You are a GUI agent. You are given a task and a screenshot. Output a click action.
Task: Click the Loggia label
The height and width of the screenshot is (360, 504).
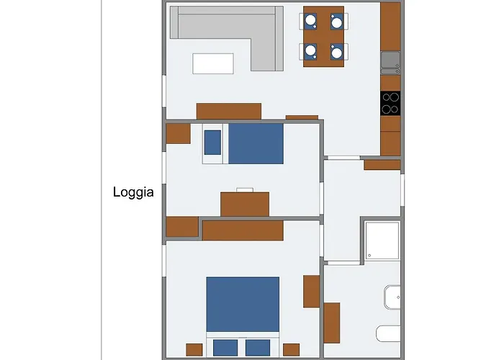point(133,192)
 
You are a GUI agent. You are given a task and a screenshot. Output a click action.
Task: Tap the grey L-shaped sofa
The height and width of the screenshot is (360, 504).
point(216,25)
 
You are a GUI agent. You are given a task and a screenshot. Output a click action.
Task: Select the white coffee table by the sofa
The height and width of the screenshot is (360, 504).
point(213,63)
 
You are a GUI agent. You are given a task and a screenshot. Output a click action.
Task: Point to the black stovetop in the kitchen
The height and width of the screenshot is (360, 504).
point(390,104)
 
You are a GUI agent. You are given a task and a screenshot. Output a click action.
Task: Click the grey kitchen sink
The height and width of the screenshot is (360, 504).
point(390,62)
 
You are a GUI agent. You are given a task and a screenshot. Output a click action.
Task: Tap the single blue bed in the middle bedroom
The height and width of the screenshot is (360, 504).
point(256,143)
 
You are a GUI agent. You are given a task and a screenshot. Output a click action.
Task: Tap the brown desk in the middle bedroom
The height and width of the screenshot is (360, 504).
point(245,204)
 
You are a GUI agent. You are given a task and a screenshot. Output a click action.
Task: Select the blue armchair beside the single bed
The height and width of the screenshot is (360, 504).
point(212,143)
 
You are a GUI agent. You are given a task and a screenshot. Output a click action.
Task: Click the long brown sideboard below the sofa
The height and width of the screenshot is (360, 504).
point(229,111)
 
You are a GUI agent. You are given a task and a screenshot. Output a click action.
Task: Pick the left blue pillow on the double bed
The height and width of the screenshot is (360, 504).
point(225,347)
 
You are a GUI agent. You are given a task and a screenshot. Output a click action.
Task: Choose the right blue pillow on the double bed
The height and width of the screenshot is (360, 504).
point(258,347)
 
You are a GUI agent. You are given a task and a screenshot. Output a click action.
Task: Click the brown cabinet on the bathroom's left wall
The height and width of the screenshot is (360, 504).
point(331,323)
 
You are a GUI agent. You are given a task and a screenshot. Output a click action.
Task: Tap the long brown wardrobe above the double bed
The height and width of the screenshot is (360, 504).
point(242,230)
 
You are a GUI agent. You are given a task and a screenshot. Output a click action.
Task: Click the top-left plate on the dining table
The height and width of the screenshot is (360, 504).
point(310,22)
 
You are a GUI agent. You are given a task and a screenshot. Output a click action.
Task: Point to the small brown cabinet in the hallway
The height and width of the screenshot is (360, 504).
point(382,165)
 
